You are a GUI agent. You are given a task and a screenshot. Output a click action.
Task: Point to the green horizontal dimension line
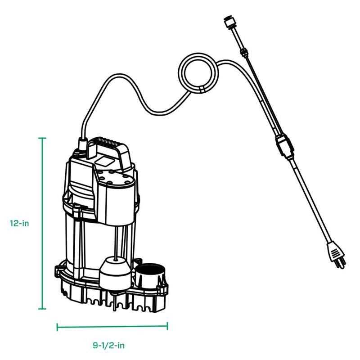click(x=112, y=327)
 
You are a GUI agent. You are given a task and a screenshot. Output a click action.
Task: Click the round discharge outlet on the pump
click(x=149, y=272)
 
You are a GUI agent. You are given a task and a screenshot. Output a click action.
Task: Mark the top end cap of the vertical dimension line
click(x=43, y=138)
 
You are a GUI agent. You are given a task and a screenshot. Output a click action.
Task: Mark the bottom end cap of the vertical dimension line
click(x=43, y=309)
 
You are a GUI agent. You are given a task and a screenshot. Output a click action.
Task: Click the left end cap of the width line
click(x=57, y=327)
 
